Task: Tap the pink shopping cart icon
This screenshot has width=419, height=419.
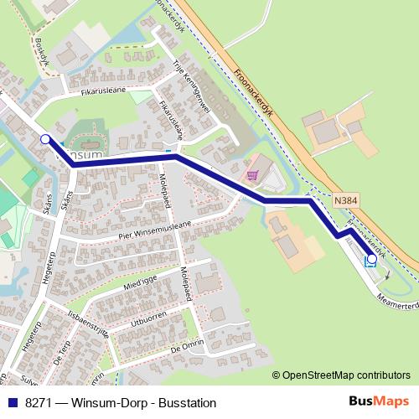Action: tap(252, 175)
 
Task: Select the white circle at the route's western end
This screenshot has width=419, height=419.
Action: tap(45, 140)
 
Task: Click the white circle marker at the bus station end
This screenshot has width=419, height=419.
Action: tap(371, 260)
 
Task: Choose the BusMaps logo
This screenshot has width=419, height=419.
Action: tap(384, 402)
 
